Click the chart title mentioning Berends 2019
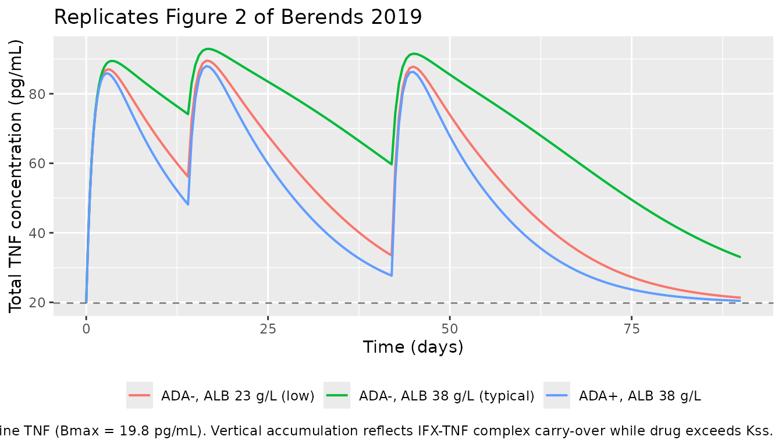click(237, 17)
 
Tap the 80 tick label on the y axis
click(38, 94)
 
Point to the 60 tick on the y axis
click(38, 164)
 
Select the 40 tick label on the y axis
click(38, 233)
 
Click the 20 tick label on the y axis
click(38, 303)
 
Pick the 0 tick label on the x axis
click(86, 329)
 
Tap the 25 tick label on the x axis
click(268, 329)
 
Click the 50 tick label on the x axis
click(450, 329)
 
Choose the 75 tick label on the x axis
click(631, 329)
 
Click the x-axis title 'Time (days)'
click(413, 347)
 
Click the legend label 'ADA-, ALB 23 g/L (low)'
click(238, 396)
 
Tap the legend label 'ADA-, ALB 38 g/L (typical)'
click(446, 396)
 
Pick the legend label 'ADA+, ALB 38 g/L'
click(640, 396)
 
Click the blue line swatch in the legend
click(557, 396)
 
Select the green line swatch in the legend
click(337, 396)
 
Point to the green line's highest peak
click(208, 48)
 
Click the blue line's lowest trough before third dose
click(392, 275)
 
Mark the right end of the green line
click(740, 257)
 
